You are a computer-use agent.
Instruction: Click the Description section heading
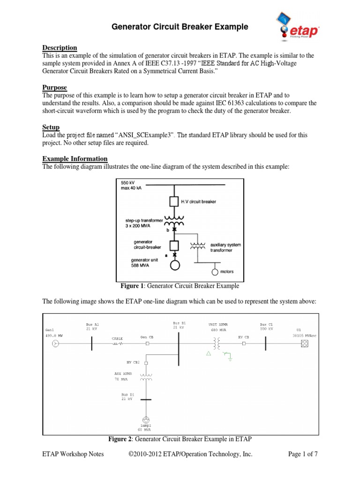pos(60,48)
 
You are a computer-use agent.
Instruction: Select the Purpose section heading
pos(55,88)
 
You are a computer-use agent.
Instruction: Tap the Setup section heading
pos(51,127)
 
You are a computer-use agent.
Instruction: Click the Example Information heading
pos(75,158)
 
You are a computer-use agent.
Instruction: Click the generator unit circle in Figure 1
pos(174,264)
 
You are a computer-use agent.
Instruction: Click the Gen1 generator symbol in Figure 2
pos(55,344)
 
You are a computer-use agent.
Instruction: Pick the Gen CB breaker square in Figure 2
pos(148,344)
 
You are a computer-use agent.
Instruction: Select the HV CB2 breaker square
pos(146,363)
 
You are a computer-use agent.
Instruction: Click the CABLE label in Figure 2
pos(117,338)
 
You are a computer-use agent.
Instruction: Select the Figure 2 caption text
pos(180,439)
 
